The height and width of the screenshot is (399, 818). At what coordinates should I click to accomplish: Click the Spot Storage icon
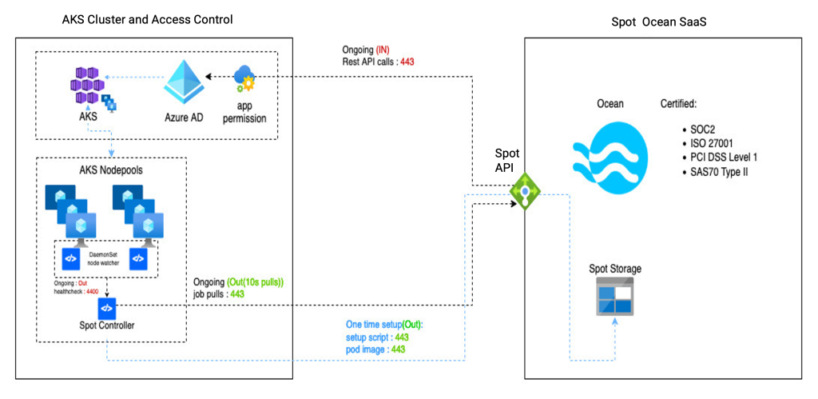[x=614, y=297]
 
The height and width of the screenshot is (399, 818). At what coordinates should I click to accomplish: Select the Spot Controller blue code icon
[x=108, y=307]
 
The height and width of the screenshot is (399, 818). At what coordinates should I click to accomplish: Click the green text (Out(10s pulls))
[x=256, y=282]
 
